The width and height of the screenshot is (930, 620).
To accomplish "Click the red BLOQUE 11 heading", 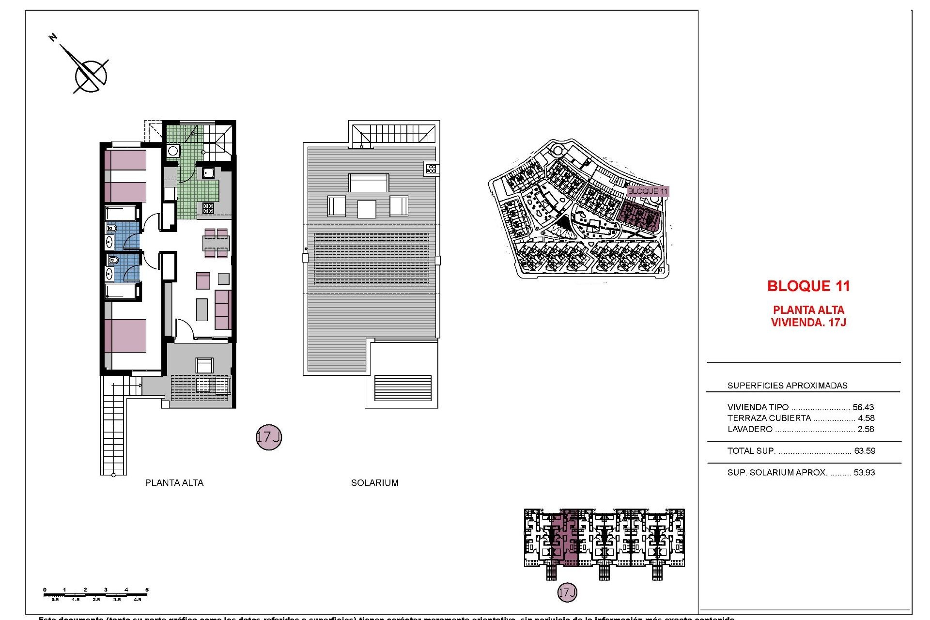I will (808, 286).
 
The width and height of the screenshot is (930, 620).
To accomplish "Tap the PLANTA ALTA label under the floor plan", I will (174, 483).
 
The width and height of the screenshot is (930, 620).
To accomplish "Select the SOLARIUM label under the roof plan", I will (375, 483).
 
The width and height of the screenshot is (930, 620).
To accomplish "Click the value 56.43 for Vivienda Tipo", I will (863, 407).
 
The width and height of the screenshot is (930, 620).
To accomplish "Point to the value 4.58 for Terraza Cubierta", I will (866, 418).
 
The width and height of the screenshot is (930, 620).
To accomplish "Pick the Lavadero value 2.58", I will (866, 429).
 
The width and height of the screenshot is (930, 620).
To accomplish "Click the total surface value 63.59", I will (865, 451).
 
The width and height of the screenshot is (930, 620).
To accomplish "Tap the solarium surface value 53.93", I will (864, 473).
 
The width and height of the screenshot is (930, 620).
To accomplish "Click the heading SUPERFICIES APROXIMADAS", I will (787, 386).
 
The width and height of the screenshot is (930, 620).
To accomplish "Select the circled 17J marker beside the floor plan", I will (269, 437).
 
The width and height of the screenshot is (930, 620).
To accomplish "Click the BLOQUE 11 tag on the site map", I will (648, 191).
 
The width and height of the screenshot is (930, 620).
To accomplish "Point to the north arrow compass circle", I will (91, 76).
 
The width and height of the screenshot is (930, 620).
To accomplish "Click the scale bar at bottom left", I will (95, 595).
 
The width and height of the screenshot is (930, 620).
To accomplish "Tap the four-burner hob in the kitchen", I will (208, 208).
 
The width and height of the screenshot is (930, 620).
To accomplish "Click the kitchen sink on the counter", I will (209, 172).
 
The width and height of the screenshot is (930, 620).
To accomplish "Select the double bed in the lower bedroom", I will (125, 335).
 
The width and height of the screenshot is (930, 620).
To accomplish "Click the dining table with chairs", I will (216, 243).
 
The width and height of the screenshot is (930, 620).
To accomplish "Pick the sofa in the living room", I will (223, 310).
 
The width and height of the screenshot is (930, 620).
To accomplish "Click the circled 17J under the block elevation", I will (567, 592).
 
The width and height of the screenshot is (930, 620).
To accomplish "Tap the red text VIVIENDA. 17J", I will (808, 323).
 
